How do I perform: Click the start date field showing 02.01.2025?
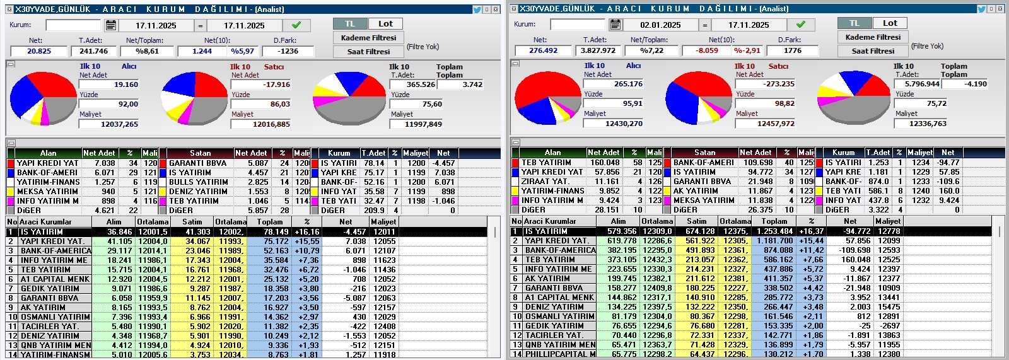click(x=660, y=25)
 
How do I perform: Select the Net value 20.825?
click(x=39, y=51)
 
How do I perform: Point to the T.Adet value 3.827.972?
click(x=598, y=50)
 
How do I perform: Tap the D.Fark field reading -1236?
click(x=288, y=51)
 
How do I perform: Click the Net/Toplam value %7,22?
click(x=651, y=50)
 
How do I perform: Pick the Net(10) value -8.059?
click(x=706, y=50)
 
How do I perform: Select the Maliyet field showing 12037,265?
click(x=109, y=124)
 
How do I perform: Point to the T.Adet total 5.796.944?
click(x=921, y=84)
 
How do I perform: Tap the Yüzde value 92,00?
click(x=109, y=104)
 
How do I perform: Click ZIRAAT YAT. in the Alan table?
click(x=545, y=181)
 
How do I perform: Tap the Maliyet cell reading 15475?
click(x=889, y=307)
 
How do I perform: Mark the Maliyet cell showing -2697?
click(x=889, y=326)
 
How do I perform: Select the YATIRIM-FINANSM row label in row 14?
click(x=55, y=355)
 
